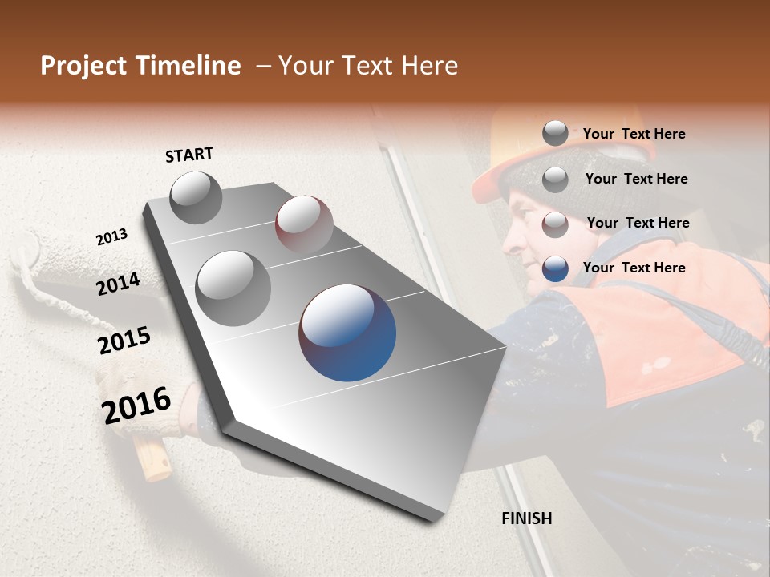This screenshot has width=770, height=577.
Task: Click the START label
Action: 189,154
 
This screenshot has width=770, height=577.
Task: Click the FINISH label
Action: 526,518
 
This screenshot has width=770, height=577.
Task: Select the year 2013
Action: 111,237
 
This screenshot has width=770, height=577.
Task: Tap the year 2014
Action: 118,284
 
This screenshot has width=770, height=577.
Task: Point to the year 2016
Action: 136,405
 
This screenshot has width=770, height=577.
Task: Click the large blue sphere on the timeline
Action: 347,333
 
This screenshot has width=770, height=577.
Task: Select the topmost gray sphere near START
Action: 196,197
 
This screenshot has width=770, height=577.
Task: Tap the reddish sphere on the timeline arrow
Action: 304,224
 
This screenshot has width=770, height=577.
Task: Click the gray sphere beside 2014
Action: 233,288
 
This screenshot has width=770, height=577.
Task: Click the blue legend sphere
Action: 555,268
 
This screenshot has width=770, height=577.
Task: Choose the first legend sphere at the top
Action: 555,133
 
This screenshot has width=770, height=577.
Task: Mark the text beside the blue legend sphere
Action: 634,268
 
